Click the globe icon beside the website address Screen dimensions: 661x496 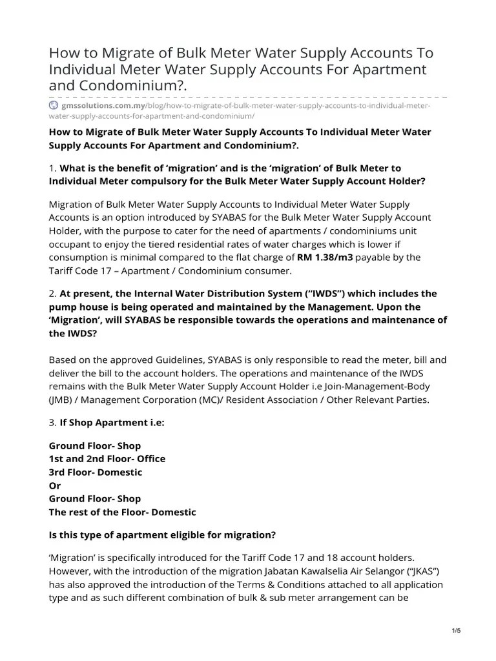click(53, 105)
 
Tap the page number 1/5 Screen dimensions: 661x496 click(457, 631)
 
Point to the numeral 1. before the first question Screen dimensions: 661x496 click(53, 168)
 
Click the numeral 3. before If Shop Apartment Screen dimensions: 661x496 click(53, 423)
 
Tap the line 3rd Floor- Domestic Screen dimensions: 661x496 click(96, 472)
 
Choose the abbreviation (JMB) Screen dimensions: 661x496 click(61, 400)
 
